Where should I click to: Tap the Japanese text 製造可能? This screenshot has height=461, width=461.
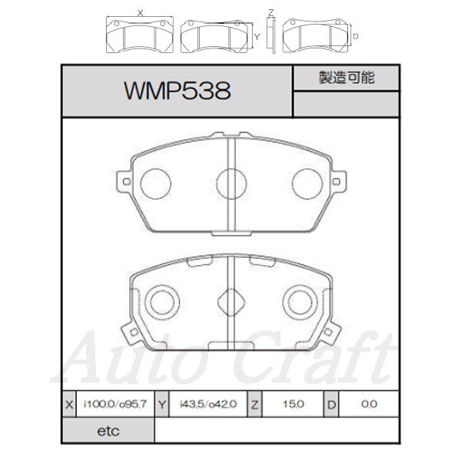(x=346, y=78)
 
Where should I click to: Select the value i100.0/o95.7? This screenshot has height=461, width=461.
(x=114, y=403)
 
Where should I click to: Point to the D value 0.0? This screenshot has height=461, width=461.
(x=368, y=403)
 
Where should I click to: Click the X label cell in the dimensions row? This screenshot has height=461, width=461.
(x=69, y=403)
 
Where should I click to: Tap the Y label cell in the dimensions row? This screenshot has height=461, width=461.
(x=162, y=403)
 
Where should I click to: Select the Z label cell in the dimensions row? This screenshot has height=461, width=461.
(x=254, y=403)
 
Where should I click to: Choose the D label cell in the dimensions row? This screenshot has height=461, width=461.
(x=330, y=403)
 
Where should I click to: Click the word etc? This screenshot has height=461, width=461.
(x=108, y=432)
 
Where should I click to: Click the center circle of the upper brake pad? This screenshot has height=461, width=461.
(x=231, y=183)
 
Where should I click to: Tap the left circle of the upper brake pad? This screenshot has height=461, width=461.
(x=156, y=182)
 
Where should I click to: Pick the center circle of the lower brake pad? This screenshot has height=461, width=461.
(x=231, y=298)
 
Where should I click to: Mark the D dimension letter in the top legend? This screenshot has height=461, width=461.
(x=356, y=36)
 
